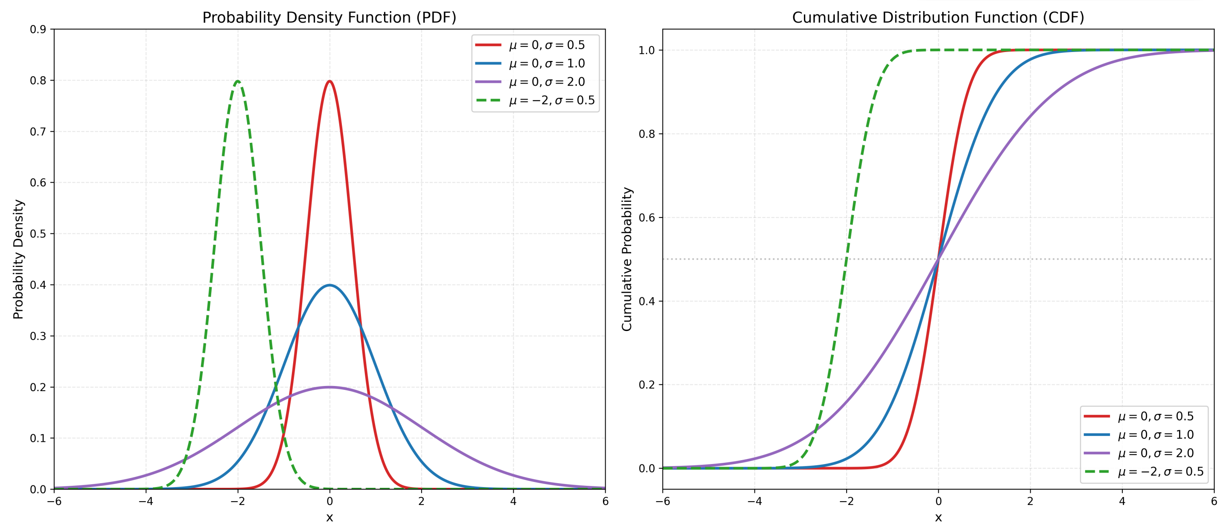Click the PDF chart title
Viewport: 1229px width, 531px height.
coord(329,17)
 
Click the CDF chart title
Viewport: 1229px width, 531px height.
coord(938,17)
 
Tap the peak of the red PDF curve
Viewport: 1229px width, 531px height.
coord(330,81)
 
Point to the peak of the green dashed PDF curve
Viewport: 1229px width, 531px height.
coord(238,81)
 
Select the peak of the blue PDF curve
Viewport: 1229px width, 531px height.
coord(330,285)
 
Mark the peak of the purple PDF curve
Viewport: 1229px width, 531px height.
coord(330,387)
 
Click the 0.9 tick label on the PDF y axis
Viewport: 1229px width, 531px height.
coord(38,29)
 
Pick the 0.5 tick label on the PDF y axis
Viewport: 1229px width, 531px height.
coord(38,234)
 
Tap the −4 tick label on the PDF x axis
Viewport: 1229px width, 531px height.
coord(146,502)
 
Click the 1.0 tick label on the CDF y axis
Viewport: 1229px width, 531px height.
coord(647,50)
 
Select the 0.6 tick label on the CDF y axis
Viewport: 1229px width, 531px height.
coord(647,218)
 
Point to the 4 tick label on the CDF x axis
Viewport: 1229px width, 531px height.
coord(1122,502)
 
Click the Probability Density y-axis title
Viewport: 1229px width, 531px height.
coord(18,259)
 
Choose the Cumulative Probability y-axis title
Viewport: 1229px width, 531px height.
coord(626,259)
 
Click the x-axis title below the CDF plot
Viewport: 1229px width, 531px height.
coord(938,518)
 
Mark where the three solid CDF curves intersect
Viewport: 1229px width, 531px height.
coord(938,259)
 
